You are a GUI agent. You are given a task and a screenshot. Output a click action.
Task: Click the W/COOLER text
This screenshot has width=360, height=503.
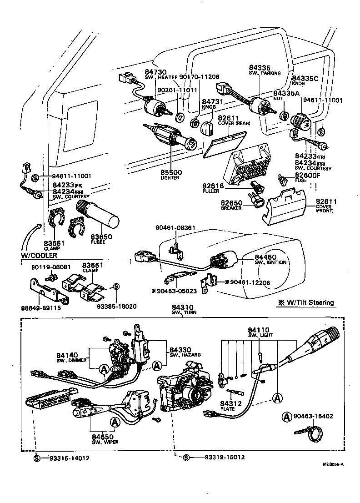pyautogui.click(x=39, y=255)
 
